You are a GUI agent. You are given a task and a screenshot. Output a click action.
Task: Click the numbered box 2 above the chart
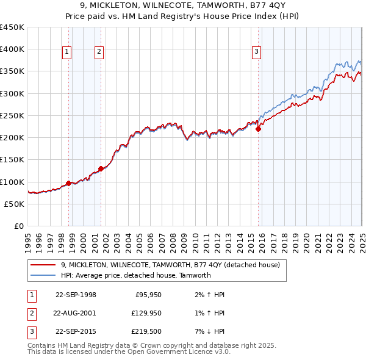(x=99, y=52)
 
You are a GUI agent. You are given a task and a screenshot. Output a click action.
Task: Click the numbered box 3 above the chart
(x=257, y=52)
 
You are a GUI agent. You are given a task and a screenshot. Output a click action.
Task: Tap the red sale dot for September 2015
(x=258, y=129)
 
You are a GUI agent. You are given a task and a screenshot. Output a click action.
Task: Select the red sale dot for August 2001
(x=101, y=168)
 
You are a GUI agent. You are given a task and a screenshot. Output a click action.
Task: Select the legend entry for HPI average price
(x=135, y=275)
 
